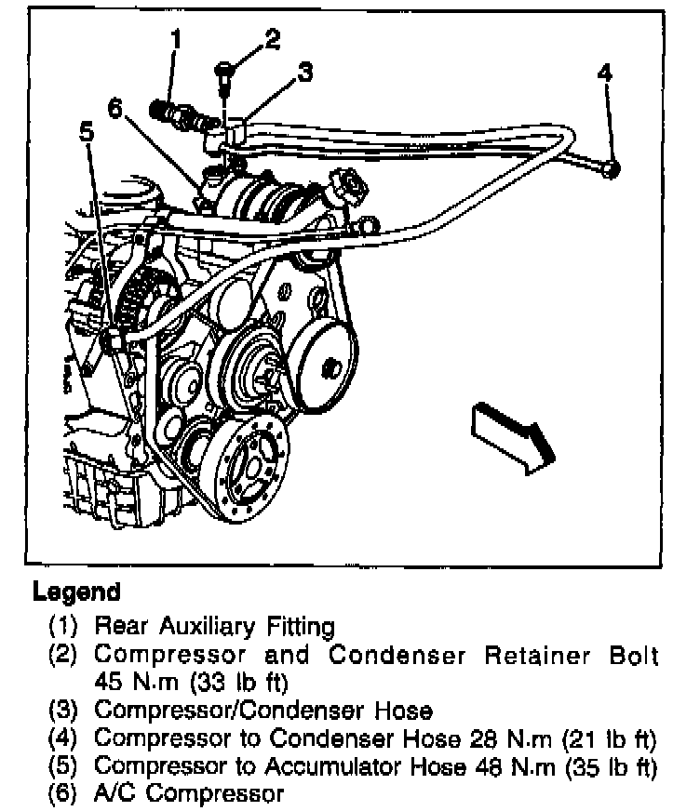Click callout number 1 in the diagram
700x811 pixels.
click(175, 39)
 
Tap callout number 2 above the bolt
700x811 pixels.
click(271, 38)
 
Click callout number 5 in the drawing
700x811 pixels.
click(87, 132)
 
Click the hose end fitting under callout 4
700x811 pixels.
click(611, 167)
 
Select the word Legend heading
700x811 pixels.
click(76, 591)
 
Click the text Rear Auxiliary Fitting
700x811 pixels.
click(214, 625)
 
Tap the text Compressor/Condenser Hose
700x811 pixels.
click(263, 711)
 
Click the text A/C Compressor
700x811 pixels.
click(188, 794)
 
